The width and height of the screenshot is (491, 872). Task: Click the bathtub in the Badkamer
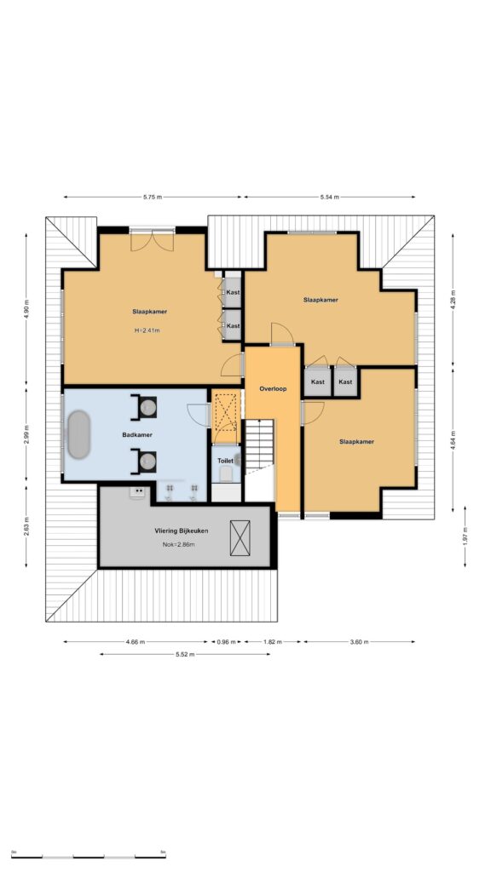click(78, 433)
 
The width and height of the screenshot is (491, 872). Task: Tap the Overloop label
click(273, 388)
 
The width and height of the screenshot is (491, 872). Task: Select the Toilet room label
click(225, 461)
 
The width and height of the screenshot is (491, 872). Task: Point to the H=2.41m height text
click(147, 330)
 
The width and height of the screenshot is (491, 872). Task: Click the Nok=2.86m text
click(179, 544)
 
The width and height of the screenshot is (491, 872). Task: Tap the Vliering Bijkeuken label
click(182, 531)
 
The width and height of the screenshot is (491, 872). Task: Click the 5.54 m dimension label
click(329, 197)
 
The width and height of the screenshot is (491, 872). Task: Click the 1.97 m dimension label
click(465, 536)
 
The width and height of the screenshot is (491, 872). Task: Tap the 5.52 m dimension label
click(185, 654)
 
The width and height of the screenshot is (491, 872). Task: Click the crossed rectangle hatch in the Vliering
click(240, 538)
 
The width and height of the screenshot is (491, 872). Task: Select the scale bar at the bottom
click(88, 856)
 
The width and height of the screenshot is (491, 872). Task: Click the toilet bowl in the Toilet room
click(226, 474)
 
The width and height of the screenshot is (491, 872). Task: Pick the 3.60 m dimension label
click(359, 642)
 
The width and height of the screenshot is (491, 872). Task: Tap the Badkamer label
click(137, 434)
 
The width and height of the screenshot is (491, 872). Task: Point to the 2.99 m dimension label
click(26, 434)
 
